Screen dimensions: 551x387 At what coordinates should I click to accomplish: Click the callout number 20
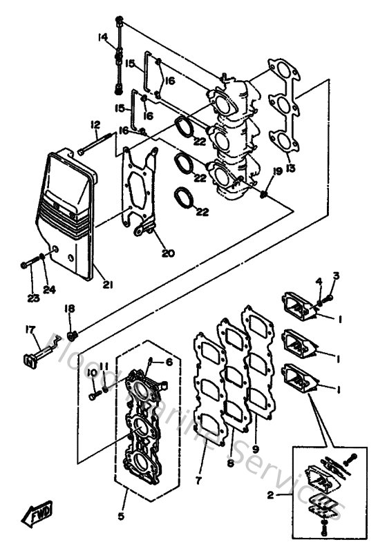167,253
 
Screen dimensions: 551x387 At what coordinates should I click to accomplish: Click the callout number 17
29,330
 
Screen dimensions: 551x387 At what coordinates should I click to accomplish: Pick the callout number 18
70,309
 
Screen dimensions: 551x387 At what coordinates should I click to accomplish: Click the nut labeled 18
74,336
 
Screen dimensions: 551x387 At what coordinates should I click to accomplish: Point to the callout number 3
336,276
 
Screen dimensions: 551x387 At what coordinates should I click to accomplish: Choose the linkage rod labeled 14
119,55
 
